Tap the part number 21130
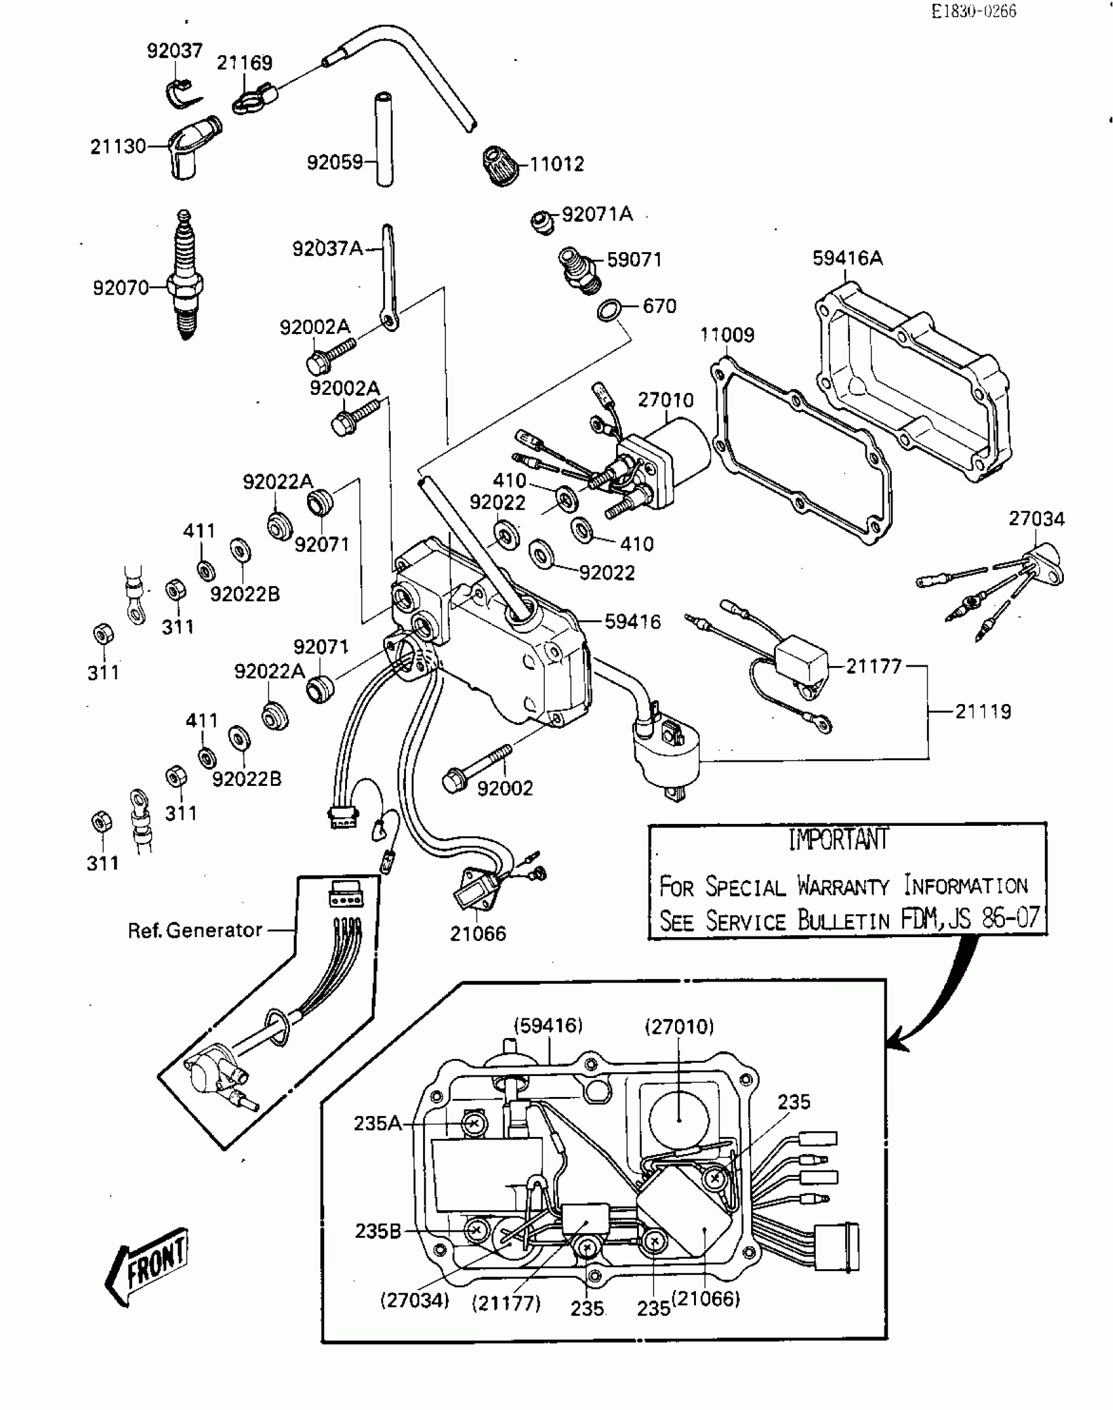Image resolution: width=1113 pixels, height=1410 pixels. tap(118, 146)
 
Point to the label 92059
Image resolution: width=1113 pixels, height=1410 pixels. tap(335, 162)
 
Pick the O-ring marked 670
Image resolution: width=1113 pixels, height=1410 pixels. tap(610, 310)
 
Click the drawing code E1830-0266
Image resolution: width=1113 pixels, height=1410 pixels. tap(974, 11)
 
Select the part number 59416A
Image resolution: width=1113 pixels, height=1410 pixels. tap(847, 258)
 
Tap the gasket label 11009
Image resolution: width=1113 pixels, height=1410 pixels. tap(727, 335)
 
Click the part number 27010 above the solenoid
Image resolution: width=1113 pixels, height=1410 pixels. tap(665, 399)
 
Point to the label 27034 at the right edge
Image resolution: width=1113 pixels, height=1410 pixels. tap(1036, 519)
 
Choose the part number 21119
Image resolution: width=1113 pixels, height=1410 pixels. tap(983, 711)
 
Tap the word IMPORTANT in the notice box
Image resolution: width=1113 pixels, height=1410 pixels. tap(838, 839)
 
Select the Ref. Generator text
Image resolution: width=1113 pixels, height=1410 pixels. tap(194, 930)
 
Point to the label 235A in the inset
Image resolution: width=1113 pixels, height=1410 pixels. tap(377, 1123)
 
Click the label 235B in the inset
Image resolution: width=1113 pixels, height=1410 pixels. tap(378, 1231)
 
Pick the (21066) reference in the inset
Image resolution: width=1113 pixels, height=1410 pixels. tap(706, 1298)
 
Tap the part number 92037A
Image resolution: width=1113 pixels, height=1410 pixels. tap(327, 249)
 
